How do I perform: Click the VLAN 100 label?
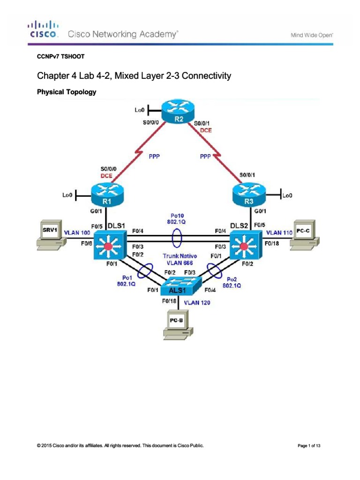point(77,232)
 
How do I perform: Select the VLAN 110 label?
point(279,232)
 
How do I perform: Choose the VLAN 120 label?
point(197,303)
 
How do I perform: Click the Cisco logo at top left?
point(44,29)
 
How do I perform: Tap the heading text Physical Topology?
point(66,92)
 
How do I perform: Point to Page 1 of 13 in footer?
point(309,446)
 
